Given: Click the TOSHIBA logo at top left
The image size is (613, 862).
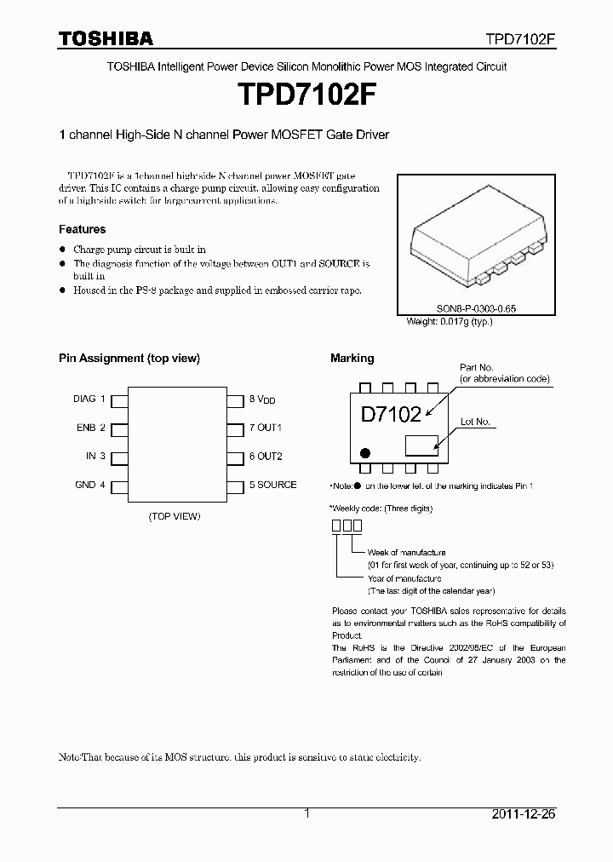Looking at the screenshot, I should click(x=106, y=38).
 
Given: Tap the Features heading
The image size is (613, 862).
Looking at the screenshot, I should click(x=82, y=229).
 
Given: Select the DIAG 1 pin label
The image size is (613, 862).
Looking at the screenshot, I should click(x=89, y=399).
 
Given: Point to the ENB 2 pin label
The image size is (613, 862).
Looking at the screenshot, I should click(x=90, y=428).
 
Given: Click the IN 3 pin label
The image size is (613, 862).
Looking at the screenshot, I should click(x=95, y=456).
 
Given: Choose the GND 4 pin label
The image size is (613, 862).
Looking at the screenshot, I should click(x=90, y=485).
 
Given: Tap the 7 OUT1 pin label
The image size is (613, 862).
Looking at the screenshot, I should click(x=265, y=428).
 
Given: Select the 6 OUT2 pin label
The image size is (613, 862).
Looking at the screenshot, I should click(x=266, y=457).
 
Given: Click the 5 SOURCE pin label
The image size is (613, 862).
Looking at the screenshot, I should click(x=272, y=485).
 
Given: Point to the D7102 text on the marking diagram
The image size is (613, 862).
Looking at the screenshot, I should click(x=391, y=415).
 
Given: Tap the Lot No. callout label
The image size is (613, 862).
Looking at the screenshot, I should click(x=475, y=422).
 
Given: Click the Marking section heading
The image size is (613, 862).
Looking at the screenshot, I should click(x=352, y=359).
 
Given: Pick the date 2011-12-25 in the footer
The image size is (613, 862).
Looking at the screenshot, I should click(x=523, y=814).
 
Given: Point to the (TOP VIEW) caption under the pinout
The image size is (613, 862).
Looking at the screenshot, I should click(x=175, y=516).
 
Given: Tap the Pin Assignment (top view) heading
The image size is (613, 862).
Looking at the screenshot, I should click(x=129, y=359).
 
